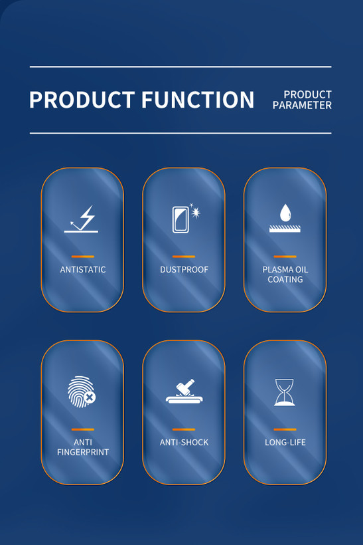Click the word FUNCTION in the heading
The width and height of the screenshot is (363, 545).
[198, 100]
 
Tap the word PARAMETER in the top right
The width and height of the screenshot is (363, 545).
[302, 105]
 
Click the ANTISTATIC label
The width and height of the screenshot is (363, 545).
[82, 269]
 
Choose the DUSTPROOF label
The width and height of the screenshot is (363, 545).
[184, 269]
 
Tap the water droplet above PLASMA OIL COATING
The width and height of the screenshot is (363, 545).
[285, 213]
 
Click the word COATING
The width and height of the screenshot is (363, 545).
[285, 279]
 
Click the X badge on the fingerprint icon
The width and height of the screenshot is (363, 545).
[90, 397]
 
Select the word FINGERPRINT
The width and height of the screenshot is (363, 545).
[83, 452]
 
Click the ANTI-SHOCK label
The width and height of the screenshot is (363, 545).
[184, 442]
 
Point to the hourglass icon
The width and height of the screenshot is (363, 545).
[285, 392]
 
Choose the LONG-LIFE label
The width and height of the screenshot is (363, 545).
[285, 442]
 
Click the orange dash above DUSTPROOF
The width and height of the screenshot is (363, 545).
[184, 257]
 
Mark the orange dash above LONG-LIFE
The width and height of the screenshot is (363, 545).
[285, 429]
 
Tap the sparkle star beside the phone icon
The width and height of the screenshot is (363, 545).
[196, 211]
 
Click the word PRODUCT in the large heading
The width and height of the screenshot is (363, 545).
[82, 100]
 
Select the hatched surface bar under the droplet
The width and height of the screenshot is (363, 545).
[285, 229]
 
